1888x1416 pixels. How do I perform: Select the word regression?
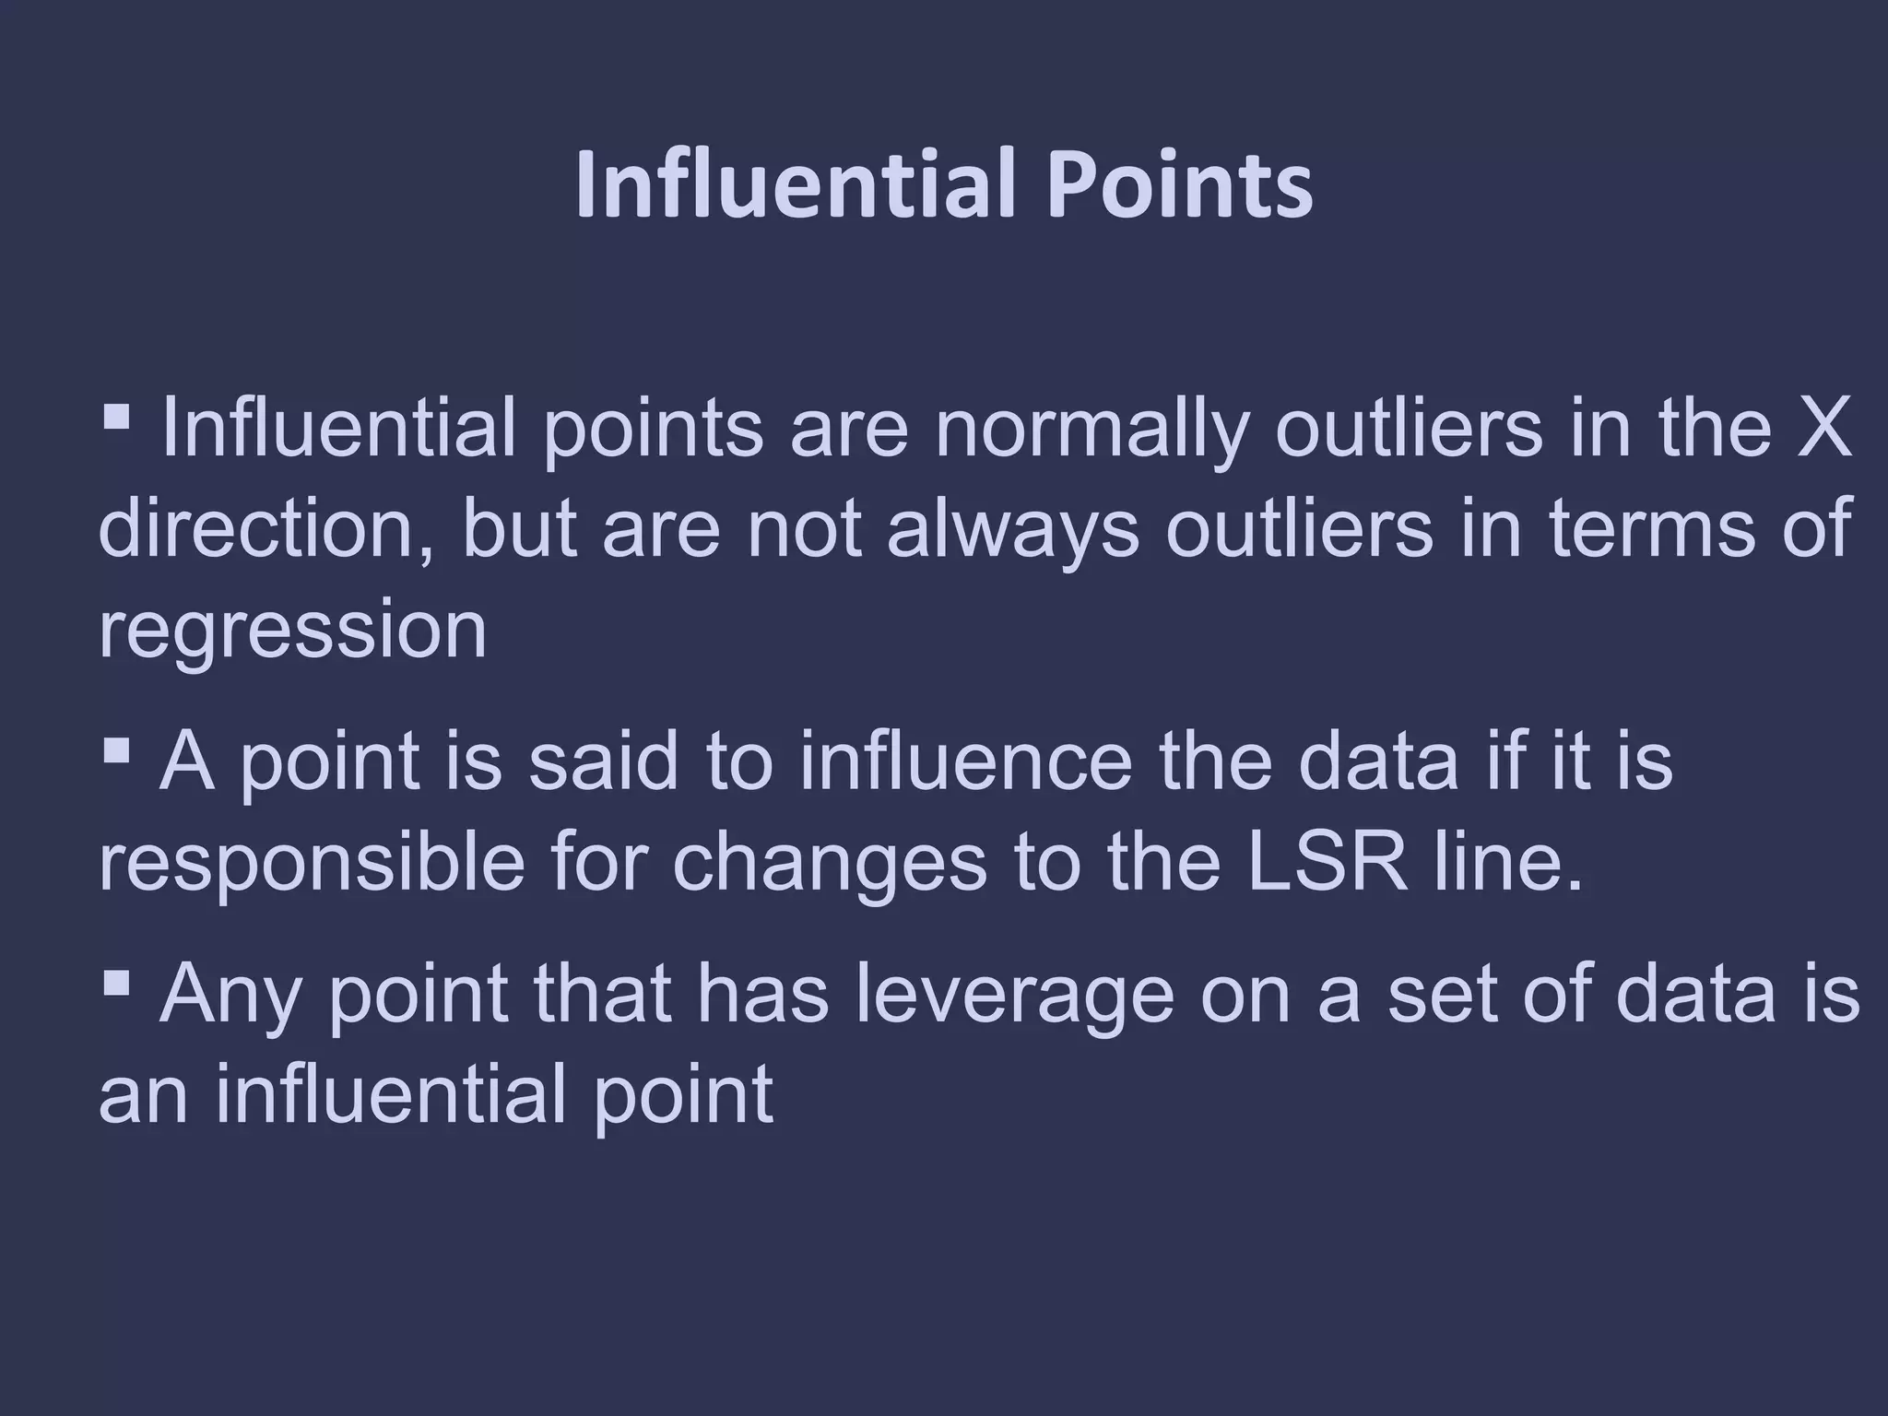point(292,633)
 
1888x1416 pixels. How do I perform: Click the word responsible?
point(311,867)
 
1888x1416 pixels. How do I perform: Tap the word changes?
point(830,867)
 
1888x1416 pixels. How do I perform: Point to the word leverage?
point(1014,998)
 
